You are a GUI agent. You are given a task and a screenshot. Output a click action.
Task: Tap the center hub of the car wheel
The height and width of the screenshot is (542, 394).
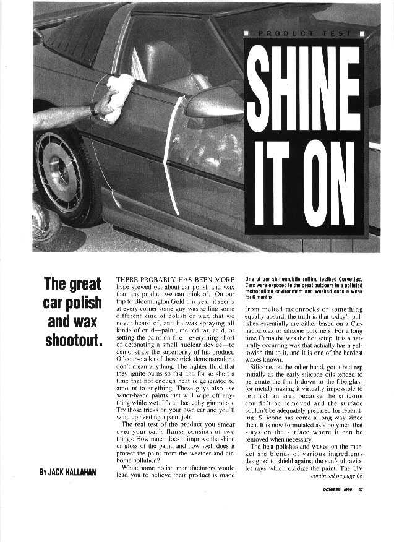pyautogui.click(x=60, y=172)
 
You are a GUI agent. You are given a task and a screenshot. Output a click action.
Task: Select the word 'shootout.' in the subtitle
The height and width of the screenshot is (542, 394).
pyautogui.click(x=73, y=340)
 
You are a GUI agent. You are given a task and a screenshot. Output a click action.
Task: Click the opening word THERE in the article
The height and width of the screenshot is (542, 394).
pyautogui.click(x=131, y=279)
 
